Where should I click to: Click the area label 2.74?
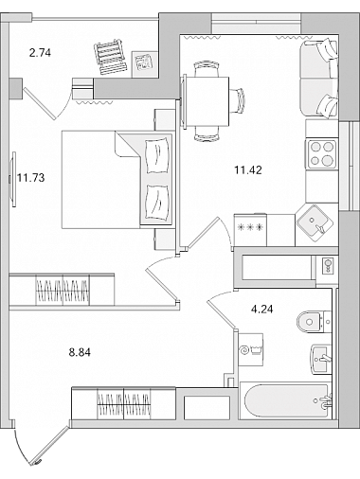(40, 53)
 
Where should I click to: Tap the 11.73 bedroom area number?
(31, 178)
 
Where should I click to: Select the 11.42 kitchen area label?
(248, 170)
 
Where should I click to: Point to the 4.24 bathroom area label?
(261, 310)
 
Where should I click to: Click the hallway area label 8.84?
(80, 352)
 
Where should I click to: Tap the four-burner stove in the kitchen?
(321, 153)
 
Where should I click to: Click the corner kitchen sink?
(315, 222)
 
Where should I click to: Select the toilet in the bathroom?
(314, 322)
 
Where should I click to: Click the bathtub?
(286, 400)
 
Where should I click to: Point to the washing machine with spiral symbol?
(251, 349)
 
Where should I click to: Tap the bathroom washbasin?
(321, 359)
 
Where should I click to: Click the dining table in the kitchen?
(206, 101)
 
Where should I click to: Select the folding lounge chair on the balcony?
(110, 57)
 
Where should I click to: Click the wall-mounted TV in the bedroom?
(13, 179)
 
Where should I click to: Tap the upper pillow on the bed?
(156, 155)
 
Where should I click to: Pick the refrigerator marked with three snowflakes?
(250, 229)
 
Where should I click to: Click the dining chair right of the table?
(237, 100)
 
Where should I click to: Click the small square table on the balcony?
(144, 64)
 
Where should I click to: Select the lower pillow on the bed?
(156, 203)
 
